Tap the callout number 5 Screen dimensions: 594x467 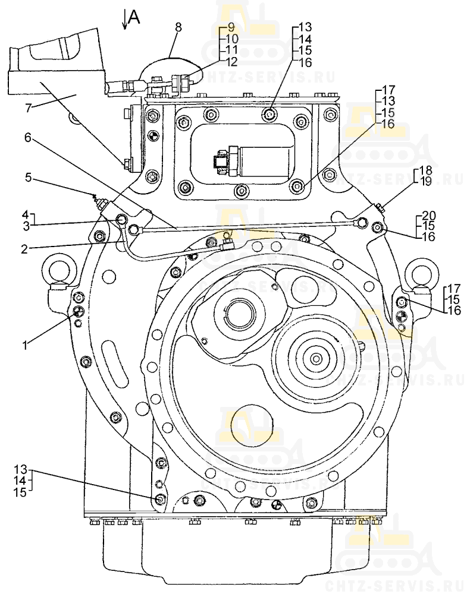click(x=27, y=176)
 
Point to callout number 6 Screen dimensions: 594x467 click(x=27, y=137)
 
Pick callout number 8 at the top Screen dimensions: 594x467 click(x=178, y=27)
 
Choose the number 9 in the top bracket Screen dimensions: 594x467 click(x=231, y=27)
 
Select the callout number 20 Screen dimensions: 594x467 click(x=430, y=215)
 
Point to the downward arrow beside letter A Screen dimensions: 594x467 click(x=124, y=20)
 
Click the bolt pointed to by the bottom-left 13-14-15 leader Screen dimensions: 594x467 click(x=159, y=499)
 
